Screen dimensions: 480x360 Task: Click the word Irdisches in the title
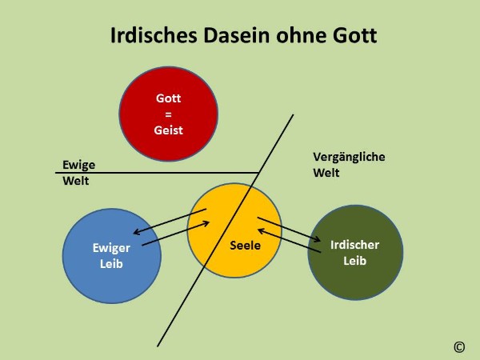[154, 35]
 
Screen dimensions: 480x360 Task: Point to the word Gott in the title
[355, 35]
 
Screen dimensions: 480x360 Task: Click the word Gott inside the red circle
[168, 98]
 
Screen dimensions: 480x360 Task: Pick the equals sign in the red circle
[168, 114]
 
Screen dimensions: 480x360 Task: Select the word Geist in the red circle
[168, 130]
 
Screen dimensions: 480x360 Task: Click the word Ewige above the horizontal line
[78, 165]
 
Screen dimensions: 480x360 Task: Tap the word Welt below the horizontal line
[76, 181]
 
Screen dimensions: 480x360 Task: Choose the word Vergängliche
[349, 157]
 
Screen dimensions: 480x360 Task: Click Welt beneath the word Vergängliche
[326, 173]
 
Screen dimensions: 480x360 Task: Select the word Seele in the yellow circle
[246, 246]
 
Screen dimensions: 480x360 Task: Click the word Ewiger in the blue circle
[111, 248]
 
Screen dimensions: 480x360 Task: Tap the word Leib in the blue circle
[111, 263]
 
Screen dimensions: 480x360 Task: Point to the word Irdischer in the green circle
[354, 245]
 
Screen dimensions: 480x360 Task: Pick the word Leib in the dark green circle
[354, 261]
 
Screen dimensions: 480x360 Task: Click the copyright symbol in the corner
[459, 347]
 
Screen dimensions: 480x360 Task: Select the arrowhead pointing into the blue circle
[137, 232]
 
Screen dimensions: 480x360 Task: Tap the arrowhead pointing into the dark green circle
[318, 239]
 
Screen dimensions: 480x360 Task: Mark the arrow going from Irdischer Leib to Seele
[290, 241]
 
